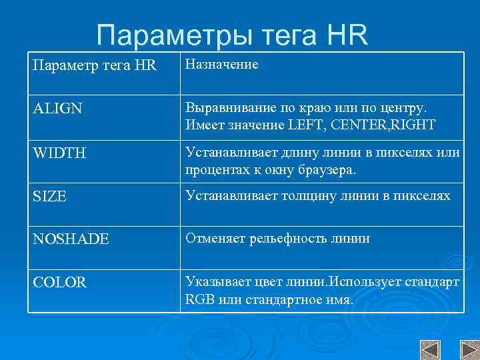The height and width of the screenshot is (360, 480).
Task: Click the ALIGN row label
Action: (57, 108)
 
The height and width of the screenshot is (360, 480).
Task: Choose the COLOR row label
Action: (59, 283)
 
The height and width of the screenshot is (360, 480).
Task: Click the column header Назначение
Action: (221, 65)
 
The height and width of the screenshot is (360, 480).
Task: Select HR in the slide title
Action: (347, 35)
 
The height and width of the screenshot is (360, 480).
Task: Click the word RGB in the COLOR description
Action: (197, 299)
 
